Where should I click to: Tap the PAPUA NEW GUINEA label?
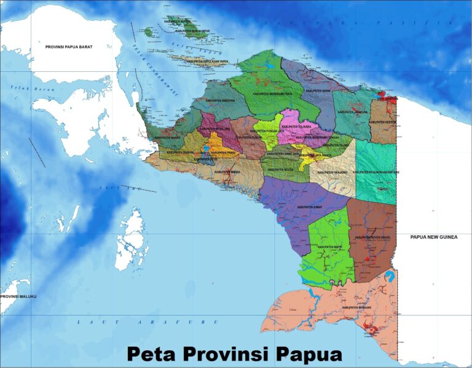click(x=434, y=237)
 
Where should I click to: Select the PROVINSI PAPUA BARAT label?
click(x=69, y=47)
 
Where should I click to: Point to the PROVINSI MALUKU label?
click(x=18, y=297)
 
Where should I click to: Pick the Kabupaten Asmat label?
click(x=309, y=208)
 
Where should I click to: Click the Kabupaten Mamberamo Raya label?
click(x=272, y=94)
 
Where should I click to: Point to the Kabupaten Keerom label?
click(x=381, y=122)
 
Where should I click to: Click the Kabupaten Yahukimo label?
click(x=332, y=173)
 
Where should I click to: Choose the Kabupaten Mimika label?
click(x=227, y=172)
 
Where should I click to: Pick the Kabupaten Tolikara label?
click(x=293, y=126)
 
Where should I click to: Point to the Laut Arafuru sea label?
click(x=147, y=322)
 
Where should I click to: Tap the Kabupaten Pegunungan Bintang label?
click(x=376, y=173)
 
